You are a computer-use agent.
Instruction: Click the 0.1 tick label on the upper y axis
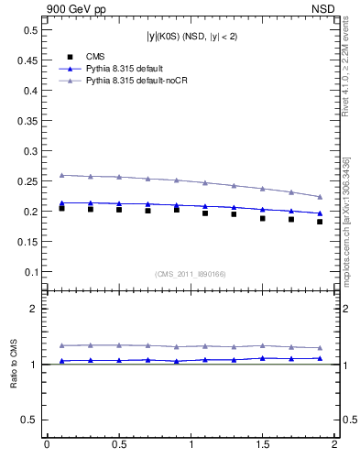tap(28, 272)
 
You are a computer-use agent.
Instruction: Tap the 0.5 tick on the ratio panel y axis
tap(28, 420)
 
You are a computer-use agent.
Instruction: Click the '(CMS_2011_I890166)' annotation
tap(191, 274)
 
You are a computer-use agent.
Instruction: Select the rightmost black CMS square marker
tap(320, 222)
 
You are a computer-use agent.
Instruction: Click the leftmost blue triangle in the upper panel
tap(61, 202)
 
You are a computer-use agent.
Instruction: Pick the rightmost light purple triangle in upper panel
tap(320, 196)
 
